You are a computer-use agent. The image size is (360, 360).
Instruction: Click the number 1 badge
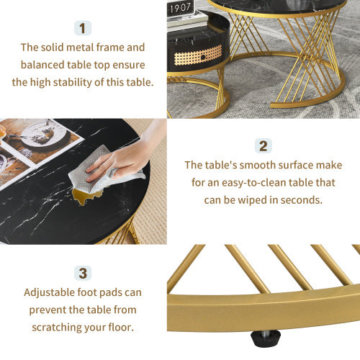pyautogui.click(x=83, y=28)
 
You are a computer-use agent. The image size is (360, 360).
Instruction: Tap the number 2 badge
pyautogui.click(x=263, y=146)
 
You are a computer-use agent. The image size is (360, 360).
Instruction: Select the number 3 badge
pyautogui.click(x=83, y=273)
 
